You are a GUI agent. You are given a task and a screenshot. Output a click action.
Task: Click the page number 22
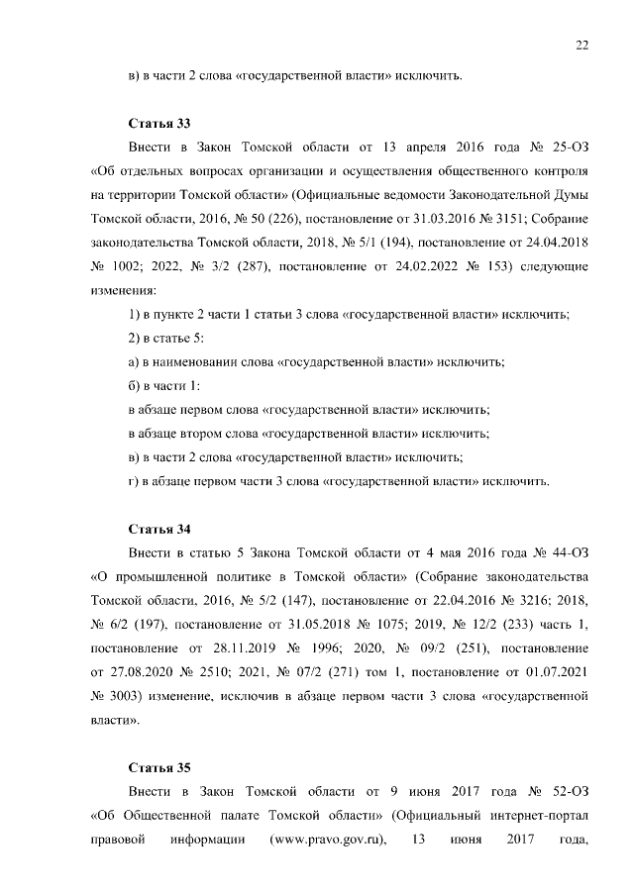[x=582, y=45]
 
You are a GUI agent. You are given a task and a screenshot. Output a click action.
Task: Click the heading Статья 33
[x=159, y=124]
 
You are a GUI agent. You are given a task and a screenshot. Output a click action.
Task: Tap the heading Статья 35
[x=159, y=767]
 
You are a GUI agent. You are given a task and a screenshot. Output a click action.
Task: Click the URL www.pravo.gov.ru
[x=327, y=841]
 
